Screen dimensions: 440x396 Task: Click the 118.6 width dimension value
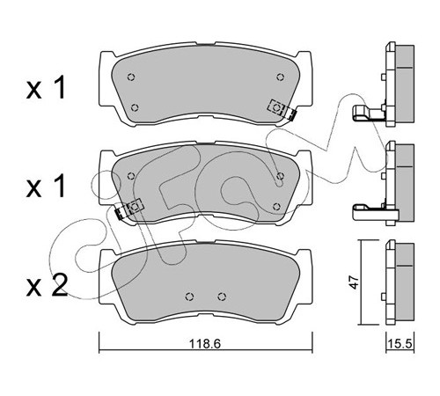click(205, 343)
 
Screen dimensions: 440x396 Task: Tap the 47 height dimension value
click(355, 282)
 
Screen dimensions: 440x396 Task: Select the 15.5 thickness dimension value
click(400, 343)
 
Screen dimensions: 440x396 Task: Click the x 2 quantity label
click(47, 285)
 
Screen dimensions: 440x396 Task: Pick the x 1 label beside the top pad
click(46, 87)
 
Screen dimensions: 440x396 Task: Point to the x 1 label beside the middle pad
click(46, 186)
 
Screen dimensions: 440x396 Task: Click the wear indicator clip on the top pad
click(282, 110)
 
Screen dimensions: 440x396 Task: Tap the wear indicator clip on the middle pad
click(129, 209)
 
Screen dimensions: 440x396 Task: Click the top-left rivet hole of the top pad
click(131, 77)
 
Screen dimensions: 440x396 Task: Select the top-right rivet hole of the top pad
click(281, 77)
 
